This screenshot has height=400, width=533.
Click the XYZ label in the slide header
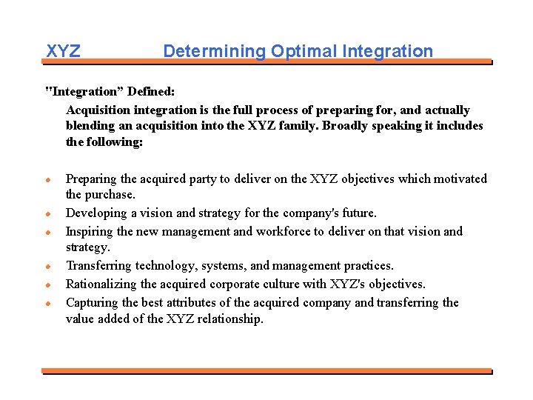pos(63,51)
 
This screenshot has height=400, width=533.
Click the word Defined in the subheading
pos(151,92)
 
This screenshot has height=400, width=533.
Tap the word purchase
pos(113,195)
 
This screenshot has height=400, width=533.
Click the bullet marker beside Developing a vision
pos(48,213)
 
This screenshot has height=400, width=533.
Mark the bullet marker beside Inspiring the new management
pos(48,232)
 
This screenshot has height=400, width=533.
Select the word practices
pos(366,265)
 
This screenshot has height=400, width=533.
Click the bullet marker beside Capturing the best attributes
pos(48,303)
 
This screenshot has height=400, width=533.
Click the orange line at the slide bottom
pos(266,370)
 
